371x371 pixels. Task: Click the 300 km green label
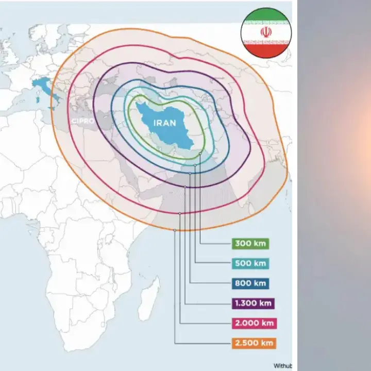pos(251,244)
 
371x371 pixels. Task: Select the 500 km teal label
pos(251,263)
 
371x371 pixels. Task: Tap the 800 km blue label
pos(251,283)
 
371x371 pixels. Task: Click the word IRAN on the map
pos(164,123)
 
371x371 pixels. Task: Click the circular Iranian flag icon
pos(266,33)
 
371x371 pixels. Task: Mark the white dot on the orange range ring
pos(175,230)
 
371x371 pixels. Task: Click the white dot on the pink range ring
pos(180,213)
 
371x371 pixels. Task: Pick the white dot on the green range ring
pos(200,154)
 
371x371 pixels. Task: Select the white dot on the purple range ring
pos(184,187)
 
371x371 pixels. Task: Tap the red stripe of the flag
pos(266,50)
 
